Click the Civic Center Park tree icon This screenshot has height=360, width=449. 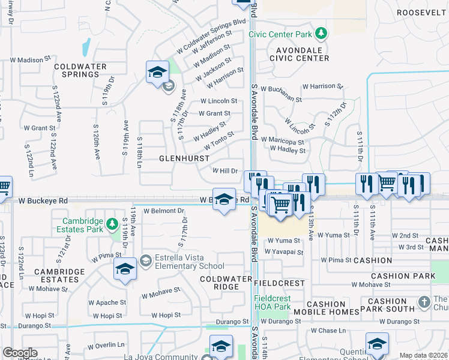point(322,32)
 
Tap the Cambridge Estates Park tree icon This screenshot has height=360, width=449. point(112,224)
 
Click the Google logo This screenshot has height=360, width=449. point(20,353)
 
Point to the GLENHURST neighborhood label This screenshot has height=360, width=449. point(184,158)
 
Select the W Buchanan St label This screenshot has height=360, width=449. point(322,86)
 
